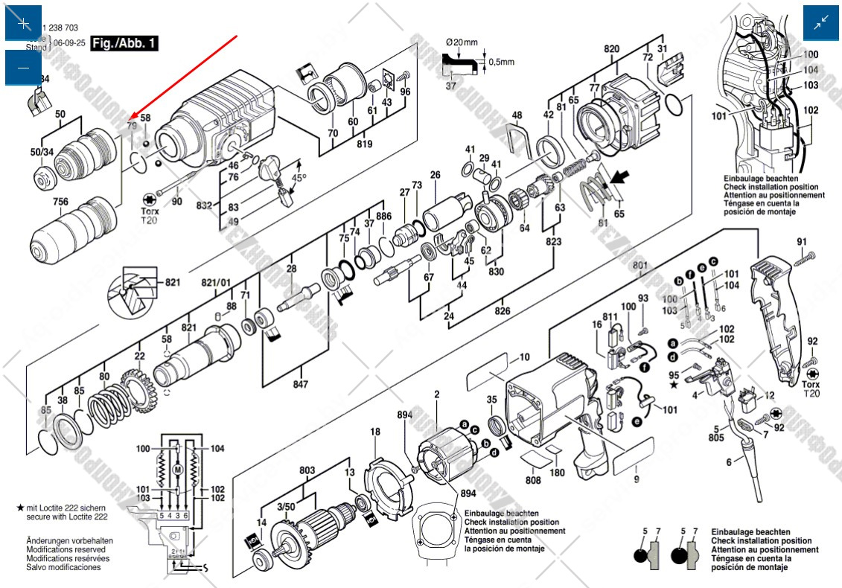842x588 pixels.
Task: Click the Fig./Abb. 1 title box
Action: [x=124, y=43]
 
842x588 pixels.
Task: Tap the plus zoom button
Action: [x=23, y=23]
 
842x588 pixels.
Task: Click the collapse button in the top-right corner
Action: [x=821, y=23]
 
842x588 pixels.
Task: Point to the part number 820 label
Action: [x=611, y=49]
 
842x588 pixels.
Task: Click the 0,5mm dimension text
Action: [x=502, y=62]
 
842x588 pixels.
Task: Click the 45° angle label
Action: [x=298, y=179]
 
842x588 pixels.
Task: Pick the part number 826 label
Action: [x=503, y=310]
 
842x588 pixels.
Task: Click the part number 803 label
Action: [x=307, y=470]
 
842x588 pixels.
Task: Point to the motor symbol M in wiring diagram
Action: [x=177, y=470]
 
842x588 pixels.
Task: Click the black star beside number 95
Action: [x=674, y=385]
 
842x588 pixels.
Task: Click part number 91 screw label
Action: [x=801, y=241]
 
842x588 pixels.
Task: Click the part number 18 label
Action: [x=375, y=432]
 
